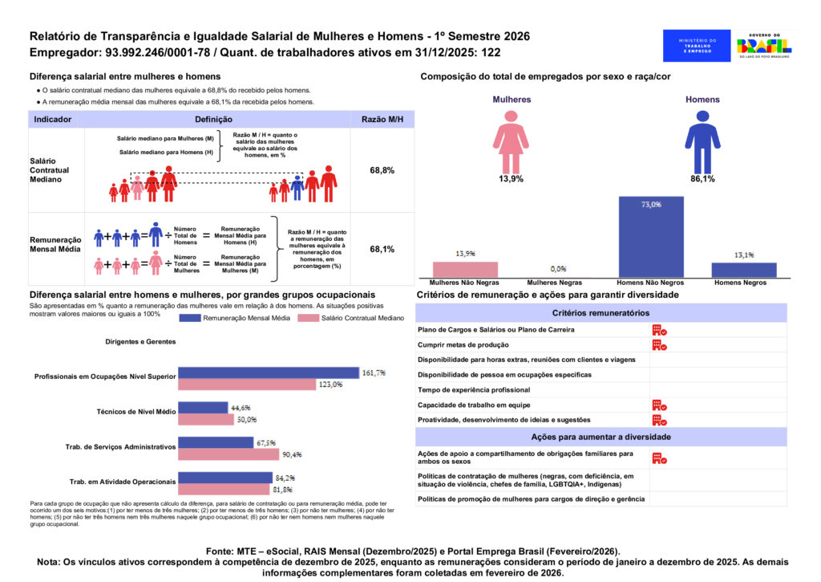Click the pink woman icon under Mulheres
[x=511, y=142]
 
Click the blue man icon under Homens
[x=702, y=142]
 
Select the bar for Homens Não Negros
[x=651, y=237]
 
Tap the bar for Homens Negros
[x=744, y=270]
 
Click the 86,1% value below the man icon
[x=702, y=179]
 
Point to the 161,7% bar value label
[x=374, y=373]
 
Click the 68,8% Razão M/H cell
[x=382, y=171]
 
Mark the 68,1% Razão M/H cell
[x=382, y=250]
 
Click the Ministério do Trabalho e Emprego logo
[x=697, y=46]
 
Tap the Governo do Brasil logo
[x=763, y=46]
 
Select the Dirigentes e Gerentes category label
[x=140, y=341]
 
